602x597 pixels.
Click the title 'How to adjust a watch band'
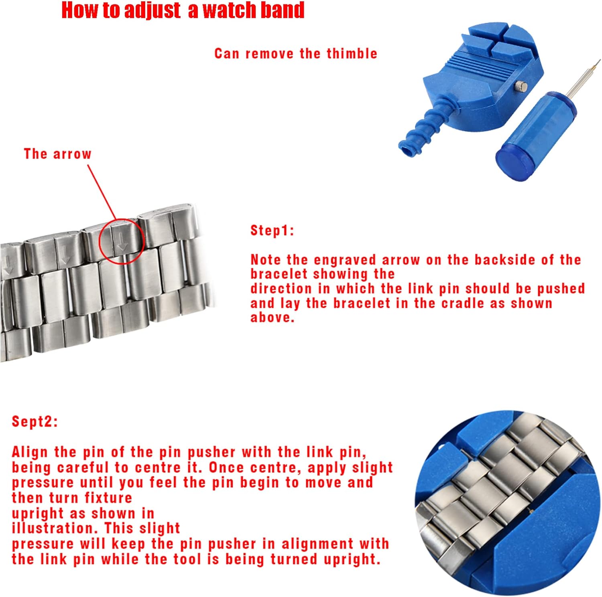click(x=183, y=10)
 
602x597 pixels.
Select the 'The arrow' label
click(x=58, y=154)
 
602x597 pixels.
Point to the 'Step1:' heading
click(x=272, y=230)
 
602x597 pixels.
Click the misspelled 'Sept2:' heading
click(x=35, y=421)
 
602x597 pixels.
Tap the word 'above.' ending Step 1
click(x=273, y=317)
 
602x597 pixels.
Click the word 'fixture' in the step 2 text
click(x=108, y=498)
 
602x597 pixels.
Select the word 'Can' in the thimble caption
click(x=227, y=53)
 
